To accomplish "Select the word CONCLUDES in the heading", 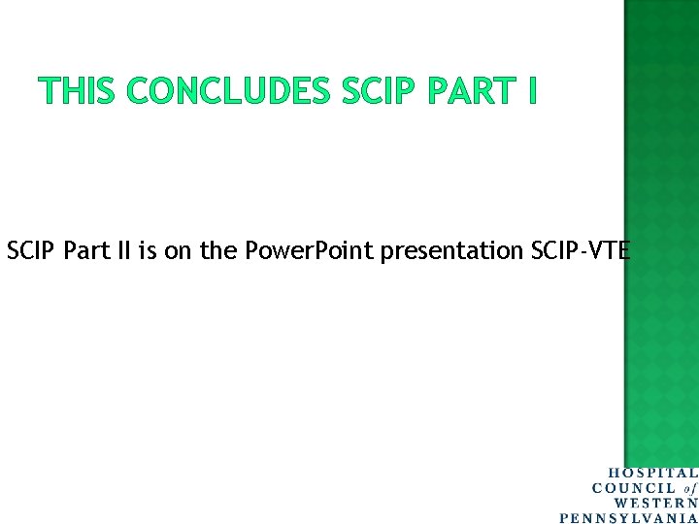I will pos(229,91).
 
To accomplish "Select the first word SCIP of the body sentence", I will pos(29,251).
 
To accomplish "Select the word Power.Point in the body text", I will pos(309,251).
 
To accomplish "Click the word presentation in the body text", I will pos(451,251).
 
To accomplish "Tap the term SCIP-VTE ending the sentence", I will pos(581,251).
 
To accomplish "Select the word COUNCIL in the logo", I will pos(634,488).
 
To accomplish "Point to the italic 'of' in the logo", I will pos(689,488).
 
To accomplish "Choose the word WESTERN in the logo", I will pos(656,503).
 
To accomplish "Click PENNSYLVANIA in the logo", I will pos(628,517).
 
